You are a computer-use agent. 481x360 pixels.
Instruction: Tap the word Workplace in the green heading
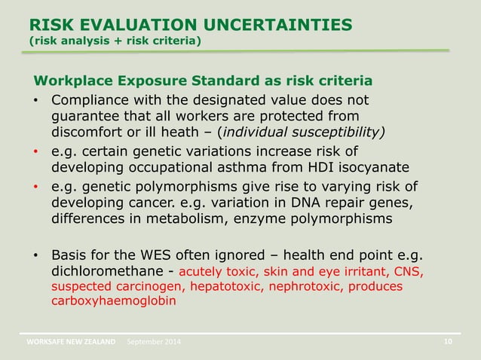[69, 81]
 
